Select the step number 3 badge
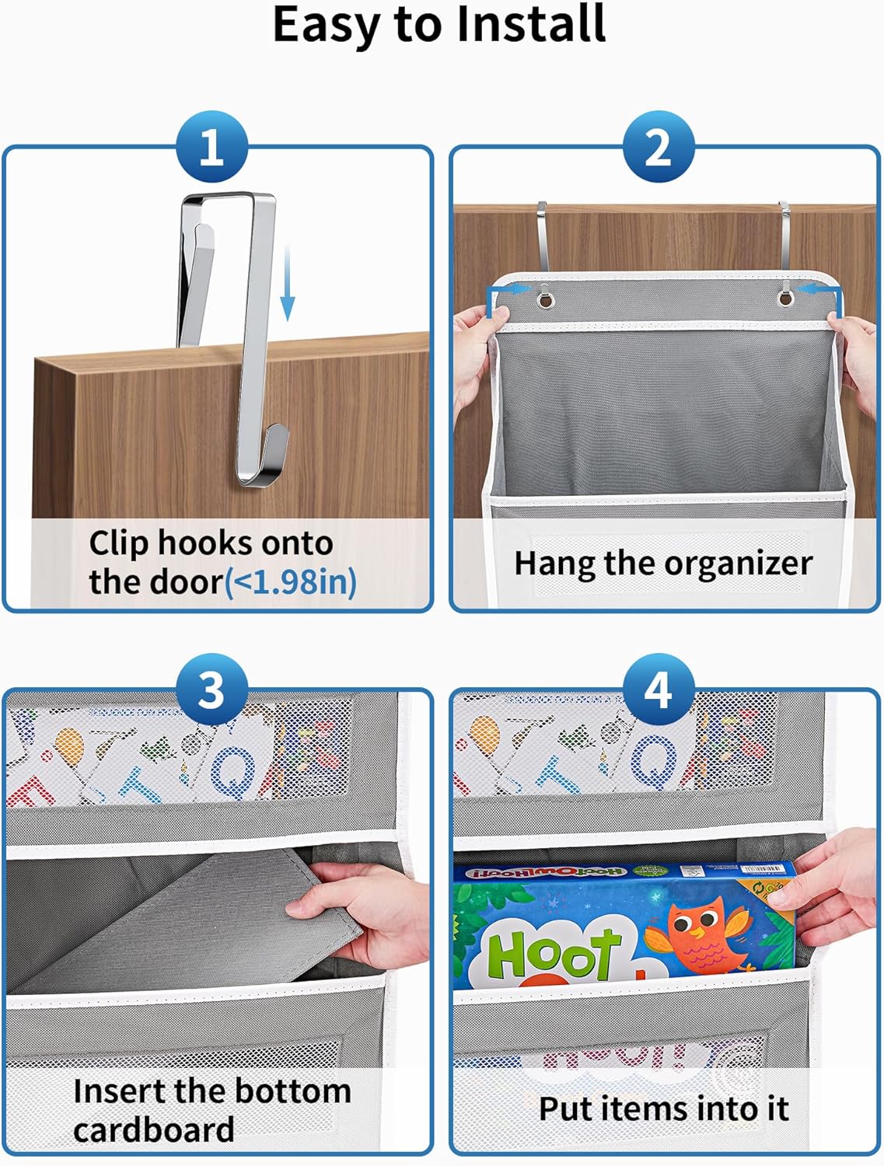(211, 690)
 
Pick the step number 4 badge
(658, 690)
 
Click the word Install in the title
(530, 25)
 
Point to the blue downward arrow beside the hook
(288, 285)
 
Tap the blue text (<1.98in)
(291, 582)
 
